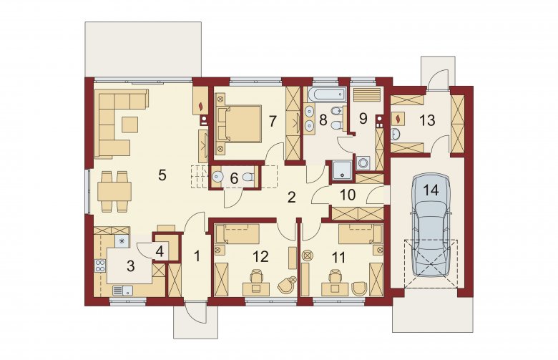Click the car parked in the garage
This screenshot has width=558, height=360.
pos(431,224)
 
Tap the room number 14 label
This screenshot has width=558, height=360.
pos(431,190)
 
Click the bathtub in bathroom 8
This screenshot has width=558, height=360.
pos(327,94)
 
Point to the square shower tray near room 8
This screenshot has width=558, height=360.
pos(343,169)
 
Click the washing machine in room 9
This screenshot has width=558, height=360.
pos(363,163)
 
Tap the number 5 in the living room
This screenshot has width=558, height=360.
pos(162,175)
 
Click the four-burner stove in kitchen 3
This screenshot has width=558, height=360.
pos(100,266)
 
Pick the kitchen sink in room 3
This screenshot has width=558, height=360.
pos(123,291)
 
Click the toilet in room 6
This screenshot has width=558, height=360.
pos(250,177)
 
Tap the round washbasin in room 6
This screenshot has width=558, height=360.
pos(217,176)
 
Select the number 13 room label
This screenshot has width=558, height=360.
pos(427,120)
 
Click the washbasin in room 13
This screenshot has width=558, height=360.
pos(396,135)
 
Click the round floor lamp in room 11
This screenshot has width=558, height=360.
pos(307,256)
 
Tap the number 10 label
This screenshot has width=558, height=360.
pos(348,195)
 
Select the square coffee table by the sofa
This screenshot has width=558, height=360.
pos(129,125)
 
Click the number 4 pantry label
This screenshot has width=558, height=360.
pos(160,252)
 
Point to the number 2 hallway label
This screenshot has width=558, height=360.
pos(291,198)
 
